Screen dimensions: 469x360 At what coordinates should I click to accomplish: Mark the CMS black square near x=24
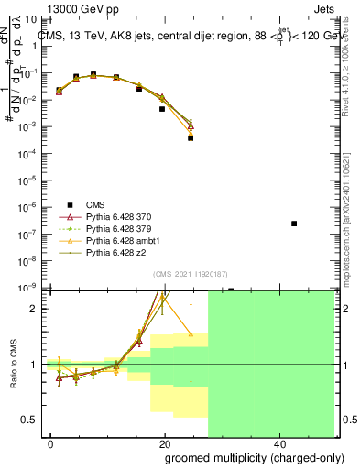click(x=191, y=137)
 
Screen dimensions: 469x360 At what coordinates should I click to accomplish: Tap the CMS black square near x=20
click(x=162, y=109)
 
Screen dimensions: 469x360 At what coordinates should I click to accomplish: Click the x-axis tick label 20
click(x=164, y=442)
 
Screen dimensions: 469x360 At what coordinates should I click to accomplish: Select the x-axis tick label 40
click(x=278, y=442)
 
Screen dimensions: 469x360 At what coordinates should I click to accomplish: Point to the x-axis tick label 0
click(x=51, y=442)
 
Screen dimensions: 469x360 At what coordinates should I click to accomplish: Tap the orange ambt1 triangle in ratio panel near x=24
click(x=191, y=333)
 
